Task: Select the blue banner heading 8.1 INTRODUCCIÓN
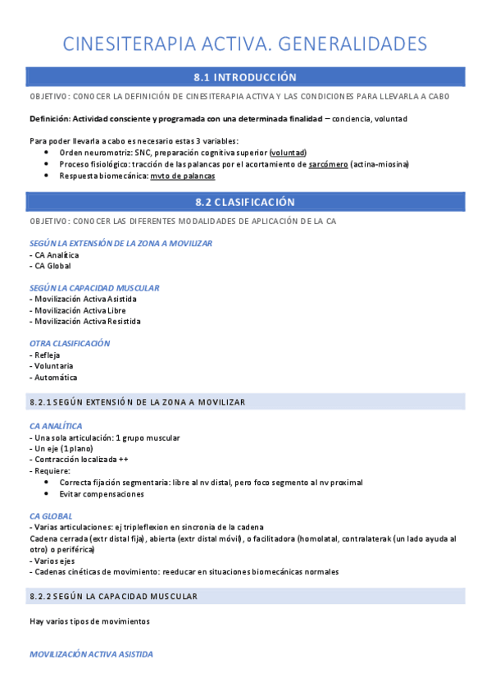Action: coord(245,77)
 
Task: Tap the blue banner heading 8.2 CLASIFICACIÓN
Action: coord(245,202)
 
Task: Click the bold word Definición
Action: coord(49,119)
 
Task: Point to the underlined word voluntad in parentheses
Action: coord(288,153)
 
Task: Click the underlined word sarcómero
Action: coord(328,164)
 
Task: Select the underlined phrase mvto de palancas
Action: coord(183,176)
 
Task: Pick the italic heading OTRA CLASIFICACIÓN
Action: coord(70,343)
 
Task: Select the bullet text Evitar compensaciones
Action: coord(102,494)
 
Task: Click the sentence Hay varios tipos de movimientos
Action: coord(89,621)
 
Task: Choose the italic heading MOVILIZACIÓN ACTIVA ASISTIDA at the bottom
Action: coord(91,654)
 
